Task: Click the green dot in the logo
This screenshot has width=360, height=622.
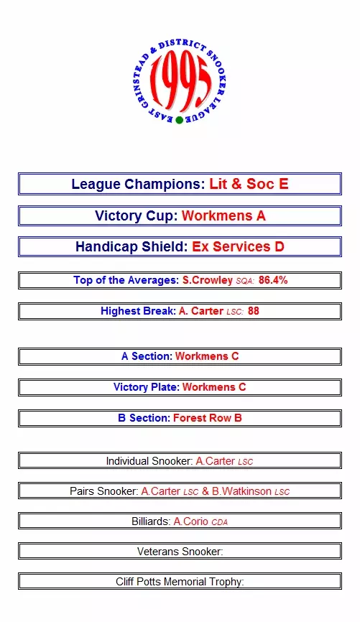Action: (179, 120)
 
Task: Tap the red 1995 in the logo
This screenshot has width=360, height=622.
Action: (180, 83)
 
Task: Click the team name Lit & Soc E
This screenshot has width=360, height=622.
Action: (249, 184)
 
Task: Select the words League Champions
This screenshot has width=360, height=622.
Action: (138, 184)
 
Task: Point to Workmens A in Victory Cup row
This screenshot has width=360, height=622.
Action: (224, 215)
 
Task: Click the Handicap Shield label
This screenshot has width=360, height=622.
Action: (131, 247)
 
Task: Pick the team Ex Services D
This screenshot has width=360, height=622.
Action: (238, 246)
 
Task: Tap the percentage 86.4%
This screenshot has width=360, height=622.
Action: (273, 280)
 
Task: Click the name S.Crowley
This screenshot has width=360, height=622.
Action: (208, 280)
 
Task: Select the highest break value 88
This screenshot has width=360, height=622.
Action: (254, 310)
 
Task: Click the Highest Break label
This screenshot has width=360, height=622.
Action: (138, 311)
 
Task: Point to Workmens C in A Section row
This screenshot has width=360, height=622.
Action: (207, 356)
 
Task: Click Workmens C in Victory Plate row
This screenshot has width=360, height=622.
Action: (214, 386)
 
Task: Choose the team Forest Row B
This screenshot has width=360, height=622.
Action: (208, 418)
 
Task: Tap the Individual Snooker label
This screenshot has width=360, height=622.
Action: (149, 461)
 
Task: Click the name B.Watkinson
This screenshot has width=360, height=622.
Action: (241, 491)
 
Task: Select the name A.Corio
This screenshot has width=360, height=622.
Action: (191, 521)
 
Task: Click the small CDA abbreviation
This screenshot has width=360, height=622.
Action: (219, 522)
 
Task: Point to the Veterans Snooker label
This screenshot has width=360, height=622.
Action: (180, 552)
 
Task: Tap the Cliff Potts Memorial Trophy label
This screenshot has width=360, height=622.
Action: (180, 582)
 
